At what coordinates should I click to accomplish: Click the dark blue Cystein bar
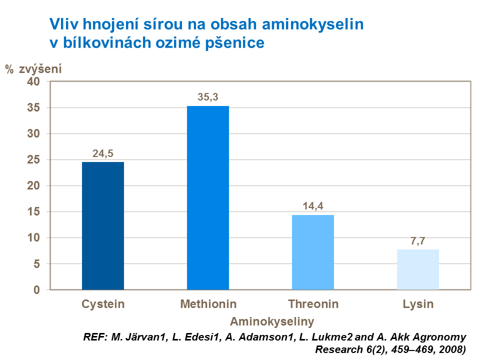click(x=103, y=225)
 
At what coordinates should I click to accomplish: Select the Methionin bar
click(x=208, y=197)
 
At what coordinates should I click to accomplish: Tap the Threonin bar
click(x=313, y=252)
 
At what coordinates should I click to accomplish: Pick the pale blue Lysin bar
click(x=418, y=269)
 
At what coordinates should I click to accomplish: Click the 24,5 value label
click(x=103, y=153)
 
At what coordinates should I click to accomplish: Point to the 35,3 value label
click(x=208, y=97)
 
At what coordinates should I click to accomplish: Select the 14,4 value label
click(x=313, y=206)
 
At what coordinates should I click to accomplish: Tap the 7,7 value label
click(x=418, y=241)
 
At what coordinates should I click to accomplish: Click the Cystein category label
click(x=103, y=304)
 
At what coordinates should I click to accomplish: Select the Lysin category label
click(x=418, y=304)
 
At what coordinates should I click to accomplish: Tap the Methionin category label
click(x=208, y=304)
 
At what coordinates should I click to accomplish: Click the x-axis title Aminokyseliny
click(x=272, y=320)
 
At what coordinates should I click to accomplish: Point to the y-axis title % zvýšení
click(x=34, y=69)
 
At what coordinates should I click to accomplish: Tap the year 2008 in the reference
click(x=452, y=349)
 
